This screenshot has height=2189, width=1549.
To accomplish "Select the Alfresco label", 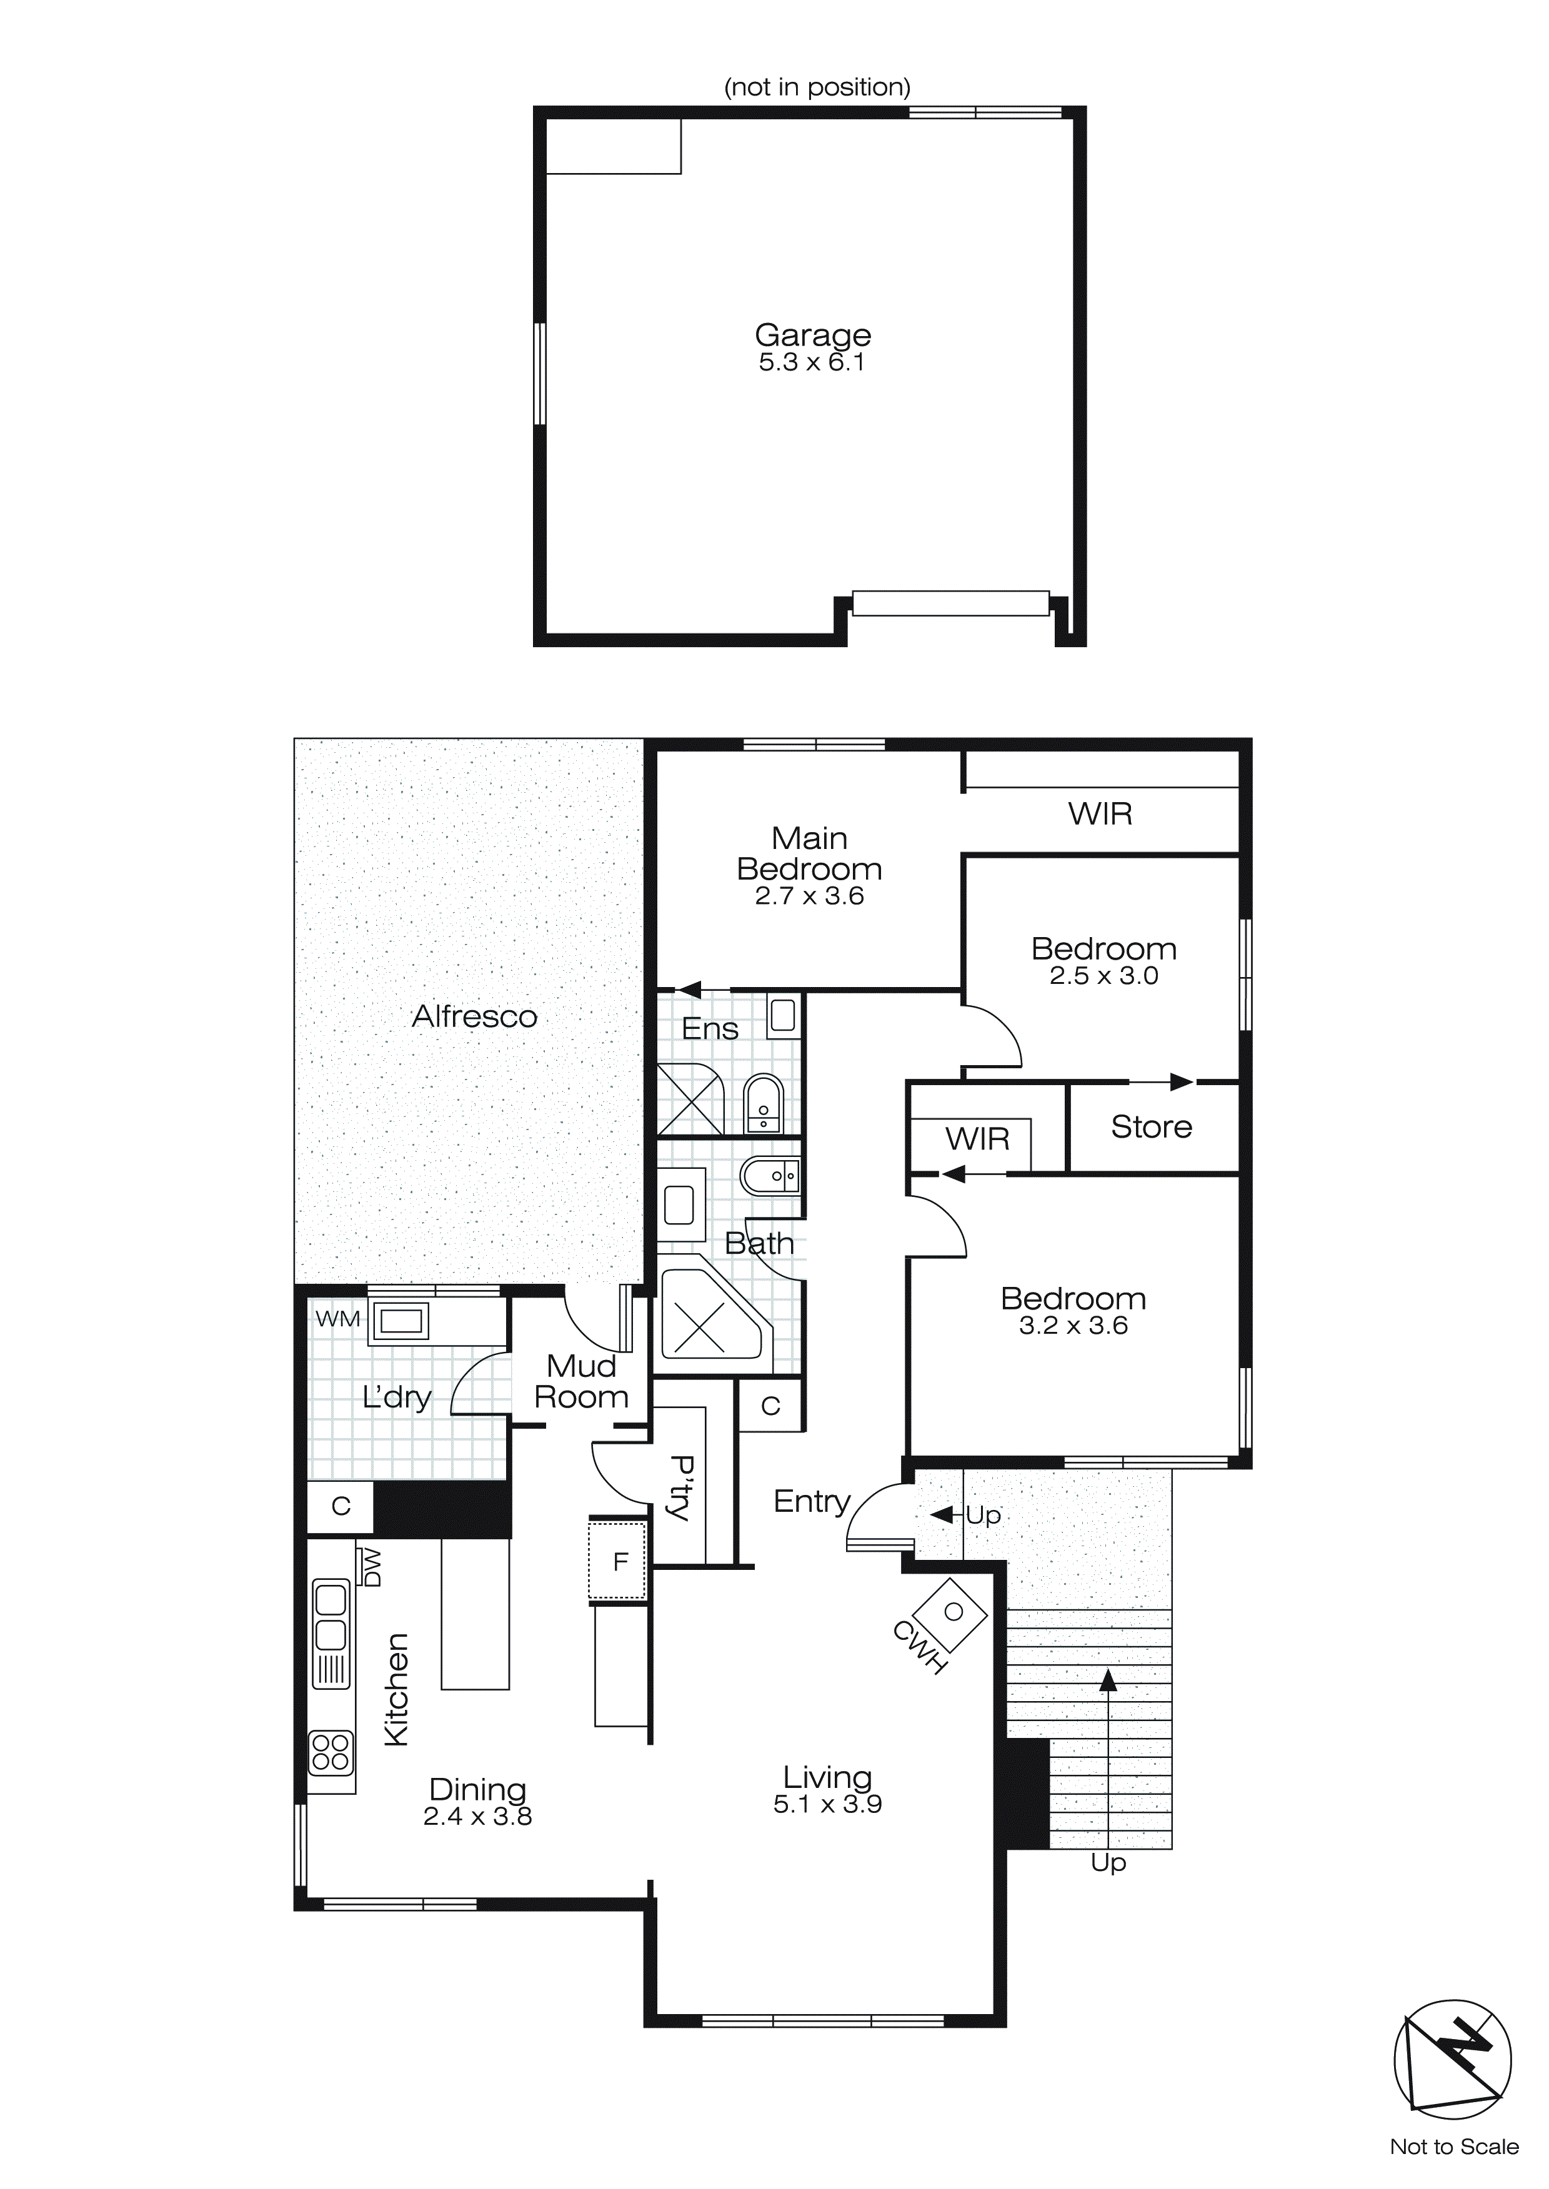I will coord(474,1016).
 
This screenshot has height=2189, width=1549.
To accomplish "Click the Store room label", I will coord(1150,1127).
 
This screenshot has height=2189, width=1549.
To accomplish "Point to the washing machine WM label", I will coord(337,1319).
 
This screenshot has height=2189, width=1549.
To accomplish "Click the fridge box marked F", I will coord(620,1562).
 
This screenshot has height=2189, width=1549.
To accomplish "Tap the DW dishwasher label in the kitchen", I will coord(372,1568).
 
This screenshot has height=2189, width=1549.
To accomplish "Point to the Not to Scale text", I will coord(1453,2147).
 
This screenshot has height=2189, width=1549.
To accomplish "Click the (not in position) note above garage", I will coord(817,87).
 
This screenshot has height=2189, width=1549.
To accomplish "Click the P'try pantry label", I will coord(681,1488).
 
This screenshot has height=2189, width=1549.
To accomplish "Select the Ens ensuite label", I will coord(710,1029).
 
